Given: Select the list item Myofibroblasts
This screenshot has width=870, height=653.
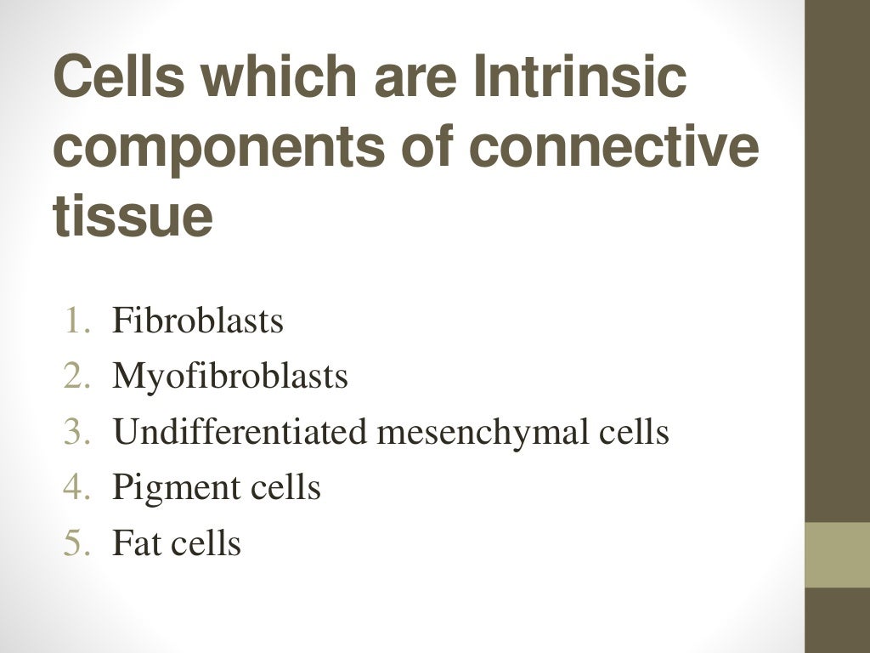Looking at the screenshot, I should [229, 376].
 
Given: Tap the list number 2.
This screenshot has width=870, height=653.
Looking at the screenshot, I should [76, 376].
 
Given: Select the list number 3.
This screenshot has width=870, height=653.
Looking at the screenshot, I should [76, 432].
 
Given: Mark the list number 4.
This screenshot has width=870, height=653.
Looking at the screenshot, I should [76, 488].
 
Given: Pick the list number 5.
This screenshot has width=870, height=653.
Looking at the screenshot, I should [76, 543].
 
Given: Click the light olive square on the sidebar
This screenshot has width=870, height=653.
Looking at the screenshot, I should [837, 554].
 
